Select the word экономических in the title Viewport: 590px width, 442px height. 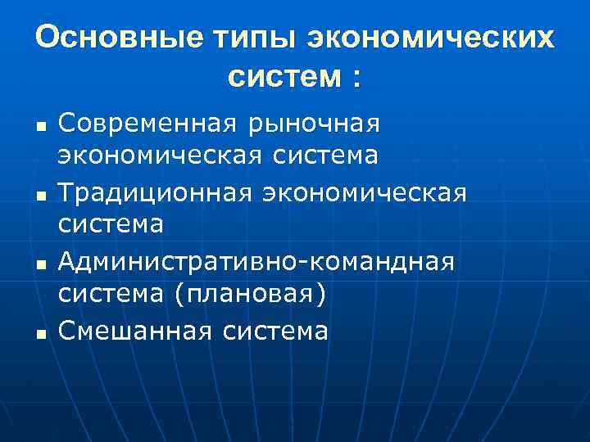pos(431,38)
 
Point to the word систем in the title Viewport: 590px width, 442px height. pos(284,77)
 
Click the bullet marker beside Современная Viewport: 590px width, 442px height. pos(39,128)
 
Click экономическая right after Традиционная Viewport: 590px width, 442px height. pos(363,194)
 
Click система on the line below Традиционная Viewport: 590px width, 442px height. pos(111,224)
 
